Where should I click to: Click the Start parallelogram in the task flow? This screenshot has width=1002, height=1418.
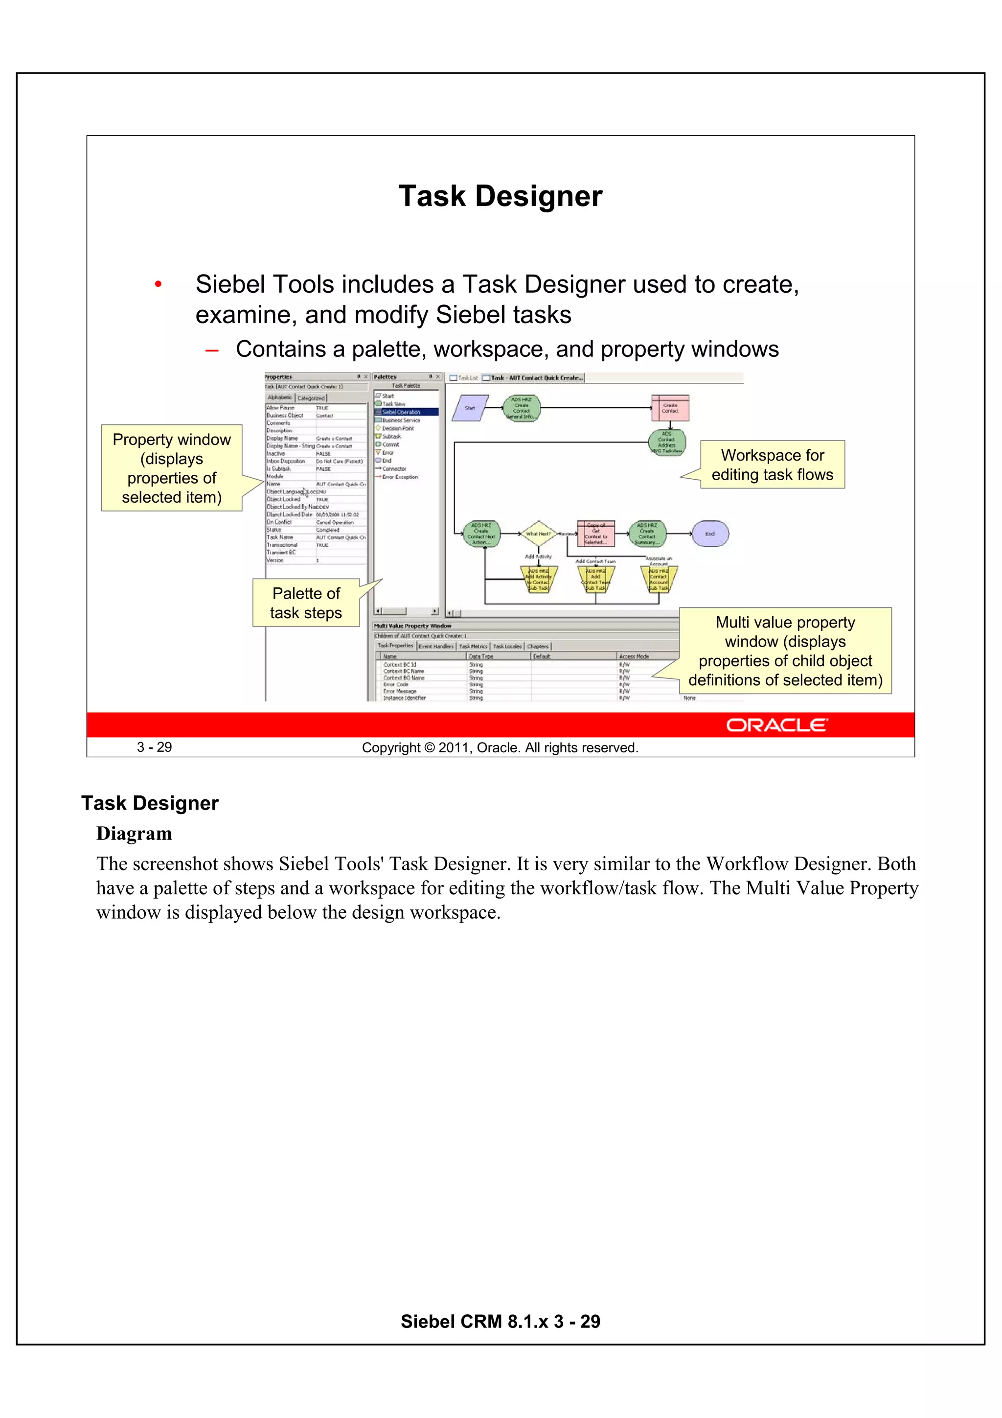pyautogui.click(x=470, y=408)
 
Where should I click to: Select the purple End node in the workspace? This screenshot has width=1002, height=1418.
pyautogui.click(x=710, y=534)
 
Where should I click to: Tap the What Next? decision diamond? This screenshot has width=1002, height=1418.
pyautogui.click(x=538, y=534)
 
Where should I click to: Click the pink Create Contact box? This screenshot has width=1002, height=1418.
pyautogui.click(x=670, y=408)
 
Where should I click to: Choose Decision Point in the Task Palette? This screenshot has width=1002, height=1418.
pyautogui.click(x=398, y=428)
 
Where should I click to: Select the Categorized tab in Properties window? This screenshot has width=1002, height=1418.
pyautogui.click(x=311, y=398)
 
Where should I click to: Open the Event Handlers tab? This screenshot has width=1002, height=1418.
pyautogui.click(x=436, y=647)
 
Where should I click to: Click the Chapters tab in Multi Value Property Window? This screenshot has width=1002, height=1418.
pyautogui.click(x=538, y=647)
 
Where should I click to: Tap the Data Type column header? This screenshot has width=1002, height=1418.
pyautogui.click(x=481, y=656)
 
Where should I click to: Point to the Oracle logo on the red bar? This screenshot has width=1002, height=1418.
pyautogui.click(x=776, y=725)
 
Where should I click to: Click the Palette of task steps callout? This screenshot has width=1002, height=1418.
pyautogui.click(x=306, y=603)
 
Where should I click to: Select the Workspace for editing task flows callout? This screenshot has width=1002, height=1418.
pyautogui.click(x=773, y=465)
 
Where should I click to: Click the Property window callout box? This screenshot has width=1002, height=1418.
pyautogui.click(x=172, y=468)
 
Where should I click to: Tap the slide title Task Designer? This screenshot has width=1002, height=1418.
pyautogui.click(x=500, y=196)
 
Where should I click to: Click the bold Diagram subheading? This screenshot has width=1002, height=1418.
pyautogui.click(x=134, y=834)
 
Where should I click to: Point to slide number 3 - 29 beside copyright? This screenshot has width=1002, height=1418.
pyautogui.click(x=154, y=747)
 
